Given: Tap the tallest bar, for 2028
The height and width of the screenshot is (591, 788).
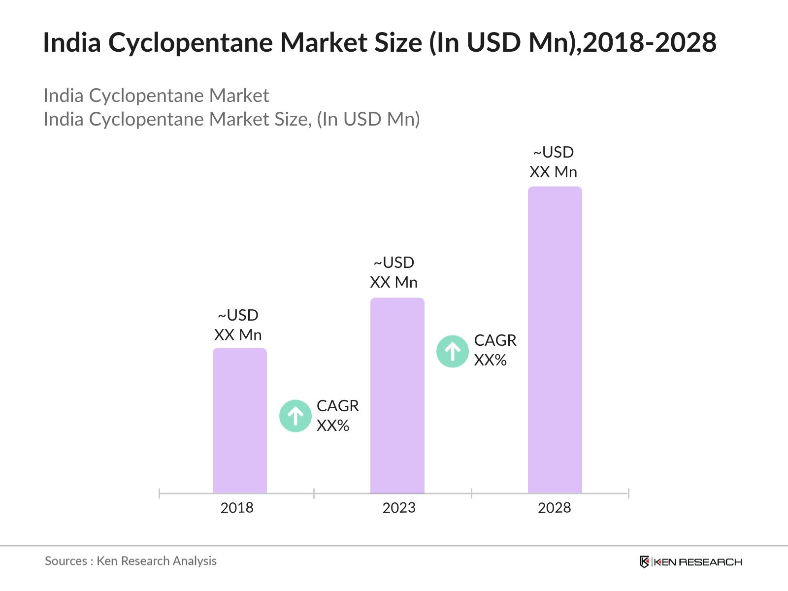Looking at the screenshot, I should click(x=555, y=339).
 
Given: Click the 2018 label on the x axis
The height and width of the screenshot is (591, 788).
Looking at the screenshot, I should click(x=237, y=508).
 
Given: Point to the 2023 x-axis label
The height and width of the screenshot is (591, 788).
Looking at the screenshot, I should click(x=399, y=508).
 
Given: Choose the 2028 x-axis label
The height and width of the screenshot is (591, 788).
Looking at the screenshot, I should click(x=554, y=508).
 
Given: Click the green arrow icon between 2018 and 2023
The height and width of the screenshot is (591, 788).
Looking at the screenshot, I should click(x=295, y=416).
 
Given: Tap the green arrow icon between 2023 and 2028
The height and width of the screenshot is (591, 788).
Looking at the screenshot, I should click(x=452, y=352).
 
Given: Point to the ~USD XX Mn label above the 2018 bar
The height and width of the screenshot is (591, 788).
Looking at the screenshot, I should click(x=238, y=325).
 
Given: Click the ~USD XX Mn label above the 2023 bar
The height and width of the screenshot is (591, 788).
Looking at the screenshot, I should click(x=394, y=272).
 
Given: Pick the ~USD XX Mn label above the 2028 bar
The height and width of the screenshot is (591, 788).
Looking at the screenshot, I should click(x=553, y=162).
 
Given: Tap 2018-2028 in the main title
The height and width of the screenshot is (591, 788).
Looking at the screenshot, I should click(x=650, y=43).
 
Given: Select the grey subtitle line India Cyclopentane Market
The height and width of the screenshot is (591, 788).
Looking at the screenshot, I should click(x=156, y=96).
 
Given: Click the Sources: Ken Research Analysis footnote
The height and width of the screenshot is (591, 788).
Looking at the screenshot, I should click(x=131, y=561).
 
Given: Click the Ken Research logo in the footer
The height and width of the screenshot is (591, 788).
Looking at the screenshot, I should click(x=690, y=562).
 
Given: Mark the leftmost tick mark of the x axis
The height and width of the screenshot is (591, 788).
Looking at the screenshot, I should click(x=160, y=493).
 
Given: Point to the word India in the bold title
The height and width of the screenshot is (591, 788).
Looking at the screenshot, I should click(x=72, y=43).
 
